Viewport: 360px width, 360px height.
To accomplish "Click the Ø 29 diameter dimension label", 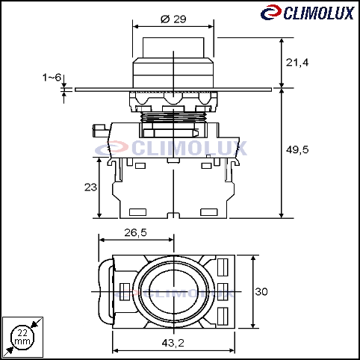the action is point(173,19).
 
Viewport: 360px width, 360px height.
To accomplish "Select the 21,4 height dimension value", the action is point(297,62).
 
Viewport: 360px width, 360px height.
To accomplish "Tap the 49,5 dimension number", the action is point(297,149).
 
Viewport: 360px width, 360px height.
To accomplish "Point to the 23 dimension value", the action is point(90,187).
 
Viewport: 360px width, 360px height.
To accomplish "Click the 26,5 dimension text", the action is point(135,232).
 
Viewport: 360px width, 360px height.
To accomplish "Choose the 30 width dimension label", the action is point(261,291).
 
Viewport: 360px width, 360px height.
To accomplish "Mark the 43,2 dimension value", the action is point(173,343).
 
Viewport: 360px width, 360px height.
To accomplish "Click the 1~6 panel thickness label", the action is point(52,78).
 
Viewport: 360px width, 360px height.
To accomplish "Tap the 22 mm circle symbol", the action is point(22,338).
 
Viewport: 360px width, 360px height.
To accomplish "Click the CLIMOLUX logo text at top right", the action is point(319,13).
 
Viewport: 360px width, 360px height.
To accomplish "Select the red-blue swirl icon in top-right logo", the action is point(271,12).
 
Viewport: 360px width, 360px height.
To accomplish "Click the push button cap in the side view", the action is point(173,48).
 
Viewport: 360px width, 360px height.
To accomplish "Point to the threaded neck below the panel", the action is point(173,117).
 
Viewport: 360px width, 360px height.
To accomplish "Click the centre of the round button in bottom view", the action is point(173,291).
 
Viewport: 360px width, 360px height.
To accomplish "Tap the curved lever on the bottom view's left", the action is point(105,291).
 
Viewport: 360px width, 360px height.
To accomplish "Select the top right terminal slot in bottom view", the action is point(223,267).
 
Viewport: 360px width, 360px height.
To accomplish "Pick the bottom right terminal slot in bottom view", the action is point(223,316).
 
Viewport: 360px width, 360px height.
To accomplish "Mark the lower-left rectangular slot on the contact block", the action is point(137,212).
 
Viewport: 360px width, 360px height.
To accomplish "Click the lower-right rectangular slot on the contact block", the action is point(209,212).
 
